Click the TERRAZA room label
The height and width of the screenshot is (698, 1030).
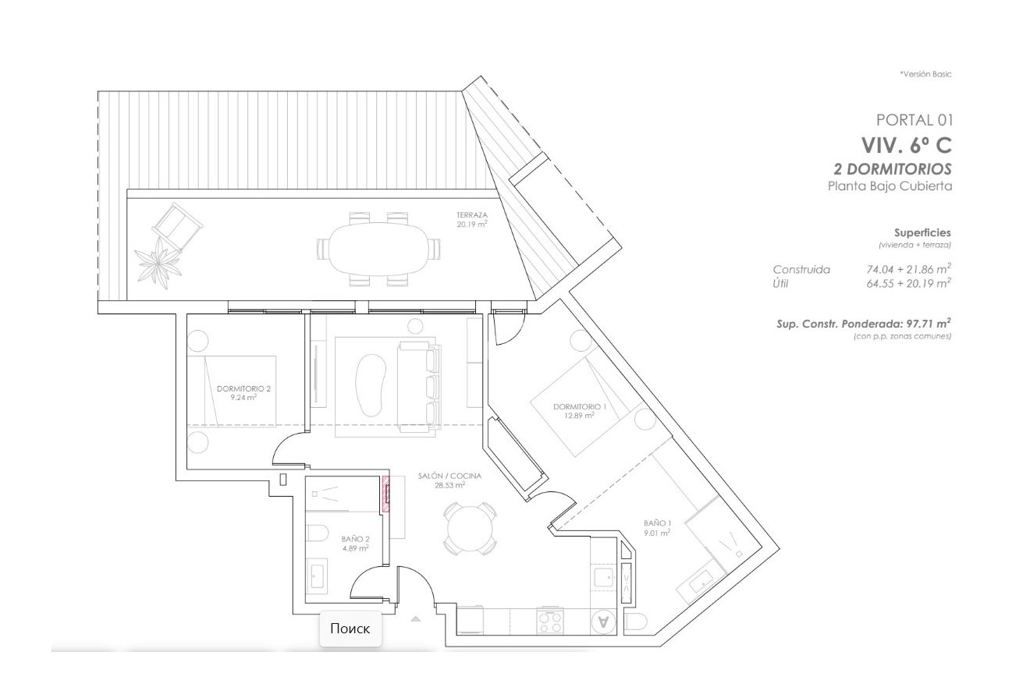click(472, 214)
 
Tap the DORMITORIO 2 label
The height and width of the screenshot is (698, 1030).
click(243, 388)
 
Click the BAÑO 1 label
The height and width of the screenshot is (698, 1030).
click(657, 523)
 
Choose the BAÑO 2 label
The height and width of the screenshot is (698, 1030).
click(355, 539)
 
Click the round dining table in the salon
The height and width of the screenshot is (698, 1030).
click(471, 531)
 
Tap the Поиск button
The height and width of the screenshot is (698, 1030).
click(350, 629)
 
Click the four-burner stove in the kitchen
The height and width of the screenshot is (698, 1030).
click(550, 622)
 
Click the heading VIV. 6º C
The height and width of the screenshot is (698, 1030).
click(906, 145)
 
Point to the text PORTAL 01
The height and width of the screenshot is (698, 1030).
click(915, 120)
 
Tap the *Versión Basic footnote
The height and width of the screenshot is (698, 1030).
click(925, 74)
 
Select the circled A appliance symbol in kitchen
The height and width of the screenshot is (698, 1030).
click(602, 622)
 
